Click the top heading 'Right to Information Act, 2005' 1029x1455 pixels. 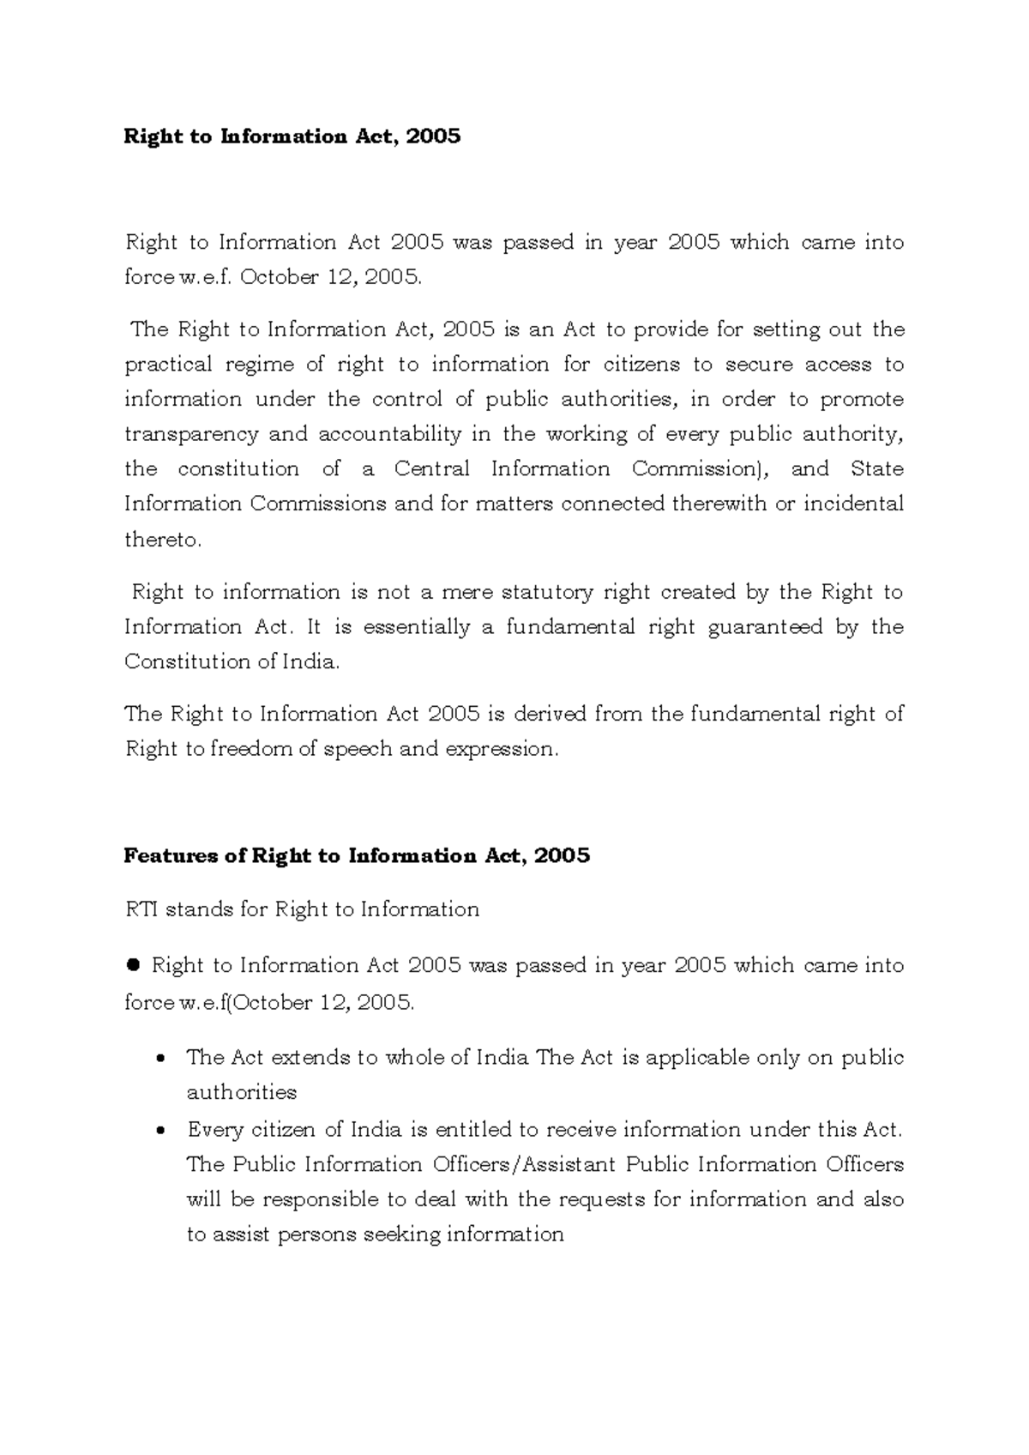coord(292,136)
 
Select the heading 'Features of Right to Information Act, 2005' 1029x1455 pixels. coord(357,856)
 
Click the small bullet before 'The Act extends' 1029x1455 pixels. coord(159,1059)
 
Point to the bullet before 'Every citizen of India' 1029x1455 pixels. coord(159,1131)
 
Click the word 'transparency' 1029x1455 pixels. coord(190,435)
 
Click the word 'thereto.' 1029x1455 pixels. coord(163,540)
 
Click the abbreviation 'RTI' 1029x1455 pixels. coord(141,909)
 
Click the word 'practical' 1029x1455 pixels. coord(168,365)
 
